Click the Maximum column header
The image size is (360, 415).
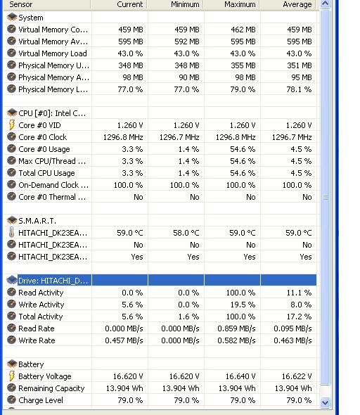[240, 4]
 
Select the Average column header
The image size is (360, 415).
[297, 4]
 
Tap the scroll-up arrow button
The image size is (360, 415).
[325, 4]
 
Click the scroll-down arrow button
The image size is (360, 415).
[325, 402]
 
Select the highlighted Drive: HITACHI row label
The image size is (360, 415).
[53, 280]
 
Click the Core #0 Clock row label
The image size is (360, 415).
[43, 137]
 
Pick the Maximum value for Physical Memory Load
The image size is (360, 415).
[243, 89]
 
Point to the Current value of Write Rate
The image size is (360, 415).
[124, 340]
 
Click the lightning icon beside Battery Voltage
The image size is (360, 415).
[12, 376]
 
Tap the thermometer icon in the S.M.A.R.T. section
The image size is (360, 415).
[11, 233]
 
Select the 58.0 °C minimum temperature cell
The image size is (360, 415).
[186, 233]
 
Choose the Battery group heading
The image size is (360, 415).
[31, 364]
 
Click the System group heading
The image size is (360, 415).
[31, 18]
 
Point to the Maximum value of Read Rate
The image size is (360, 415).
[236, 328]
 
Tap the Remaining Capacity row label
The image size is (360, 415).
[51, 388]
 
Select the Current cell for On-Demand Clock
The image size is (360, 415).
[128, 185]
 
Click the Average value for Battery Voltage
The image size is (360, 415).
[297, 376]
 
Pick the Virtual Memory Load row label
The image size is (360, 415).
[53, 53]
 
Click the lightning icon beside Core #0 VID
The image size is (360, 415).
[12, 125]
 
